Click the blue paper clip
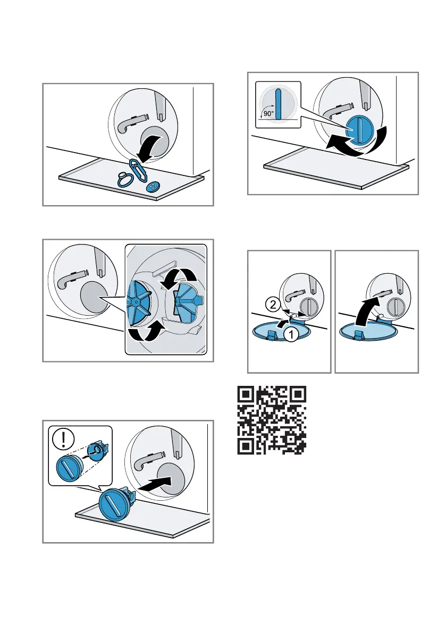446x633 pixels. (x=138, y=170)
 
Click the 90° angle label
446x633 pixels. (x=268, y=114)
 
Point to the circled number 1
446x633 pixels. (x=291, y=334)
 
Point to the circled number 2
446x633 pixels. (x=273, y=304)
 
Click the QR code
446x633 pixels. (x=272, y=420)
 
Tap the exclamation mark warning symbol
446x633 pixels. (x=63, y=438)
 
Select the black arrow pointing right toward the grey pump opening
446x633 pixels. (x=155, y=484)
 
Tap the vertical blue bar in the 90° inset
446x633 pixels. (x=277, y=104)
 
